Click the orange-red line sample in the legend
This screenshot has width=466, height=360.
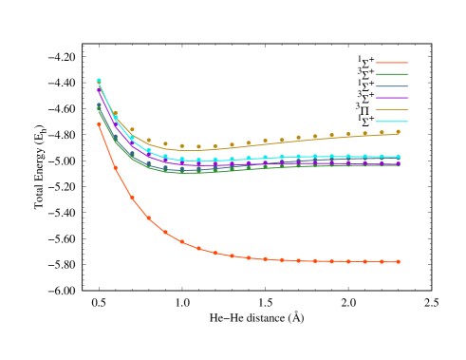pyautogui.click(x=391, y=63)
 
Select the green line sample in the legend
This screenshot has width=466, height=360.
pyautogui.click(x=391, y=74)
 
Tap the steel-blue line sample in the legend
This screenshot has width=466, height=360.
pyautogui.click(x=391, y=86)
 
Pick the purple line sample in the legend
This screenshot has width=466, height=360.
pyautogui.click(x=391, y=98)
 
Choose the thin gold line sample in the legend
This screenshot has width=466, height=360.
pyautogui.click(x=391, y=110)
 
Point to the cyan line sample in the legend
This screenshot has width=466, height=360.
pyautogui.click(x=391, y=122)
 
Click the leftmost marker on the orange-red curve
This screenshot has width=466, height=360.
pyautogui.click(x=99, y=124)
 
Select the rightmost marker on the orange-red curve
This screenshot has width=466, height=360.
pyautogui.click(x=398, y=262)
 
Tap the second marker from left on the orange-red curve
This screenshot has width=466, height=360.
pyautogui.click(x=116, y=168)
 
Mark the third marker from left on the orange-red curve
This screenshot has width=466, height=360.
pyautogui.click(x=132, y=199)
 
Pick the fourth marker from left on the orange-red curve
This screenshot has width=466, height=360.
pyautogui.click(x=149, y=218)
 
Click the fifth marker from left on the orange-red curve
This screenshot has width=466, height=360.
pyautogui.click(x=165, y=232)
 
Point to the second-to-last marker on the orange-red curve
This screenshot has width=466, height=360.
pyautogui.click(x=382, y=262)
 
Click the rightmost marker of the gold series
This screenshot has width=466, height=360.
pyautogui.click(x=398, y=132)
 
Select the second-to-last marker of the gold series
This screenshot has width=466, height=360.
pyautogui.click(x=382, y=133)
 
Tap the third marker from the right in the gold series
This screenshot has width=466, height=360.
pyautogui.click(x=364, y=134)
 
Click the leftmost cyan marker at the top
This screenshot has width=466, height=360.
pyautogui.click(x=99, y=81)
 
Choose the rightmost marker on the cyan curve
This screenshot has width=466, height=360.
pyautogui.click(x=398, y=157)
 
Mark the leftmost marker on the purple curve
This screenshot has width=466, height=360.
pyautogui.click(x=99, y=91)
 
